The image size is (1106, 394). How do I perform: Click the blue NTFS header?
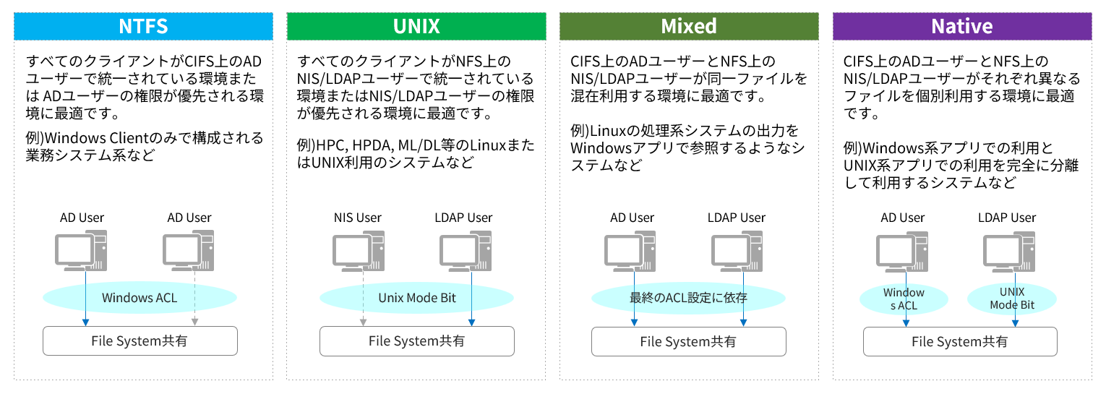pyautogui.click(x=143, y=27)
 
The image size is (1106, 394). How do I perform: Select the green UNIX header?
pyautogui.click(x=416, y=27)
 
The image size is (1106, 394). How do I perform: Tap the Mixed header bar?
pyautogui.click(x=689, y=27)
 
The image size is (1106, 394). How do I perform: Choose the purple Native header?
pyautogui.click(x=961, y=27)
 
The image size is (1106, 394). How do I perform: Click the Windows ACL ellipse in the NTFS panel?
pyautogui.click(x=140, y=297)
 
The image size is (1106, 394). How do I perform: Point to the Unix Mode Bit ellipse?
pyautogui.click(x=417, y=297)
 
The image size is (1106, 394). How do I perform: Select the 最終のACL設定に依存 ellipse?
pyautogui.click(x=688, y=297)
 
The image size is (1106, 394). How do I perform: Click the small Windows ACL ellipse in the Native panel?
pyautogui.click(x=904, y=299)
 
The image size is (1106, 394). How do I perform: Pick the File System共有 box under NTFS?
pyautogui.click(x=140, y=341)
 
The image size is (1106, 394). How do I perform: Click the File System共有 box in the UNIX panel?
pyautogui.click(x=417, y=341)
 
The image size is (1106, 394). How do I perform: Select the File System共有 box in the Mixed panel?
pyautogui.click(x=688, y=341)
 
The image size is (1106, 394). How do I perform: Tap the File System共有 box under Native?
pyautogui.click(x=960, y=341)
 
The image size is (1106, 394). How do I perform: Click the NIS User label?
pyautogui.click(x=358, y=218)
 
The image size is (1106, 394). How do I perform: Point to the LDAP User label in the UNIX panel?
pyautogui.click(x=463, y=218)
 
